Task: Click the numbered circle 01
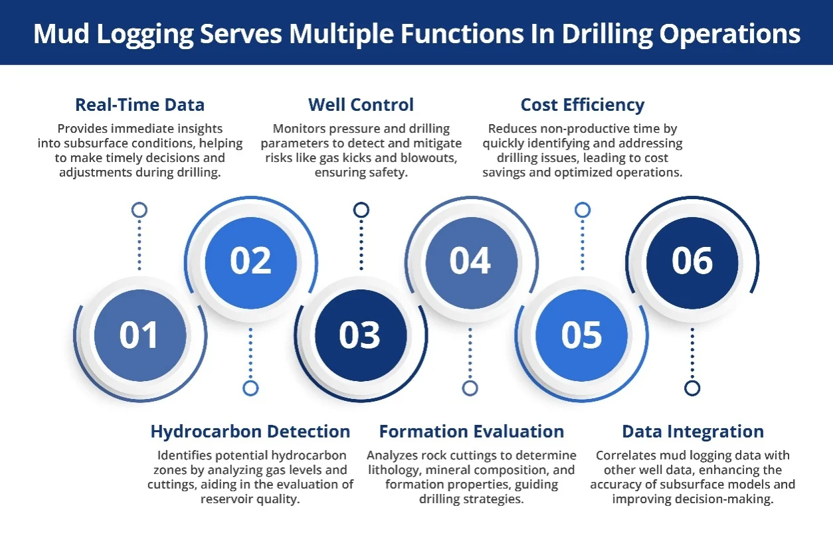(140, 335)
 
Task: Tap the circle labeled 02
(251, 263)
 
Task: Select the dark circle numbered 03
(361, 335)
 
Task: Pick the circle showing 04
(471, 263)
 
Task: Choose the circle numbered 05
(582, 335)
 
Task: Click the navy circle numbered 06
(692, 263)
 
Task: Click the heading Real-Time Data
(139, 105)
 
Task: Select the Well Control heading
(361, 105)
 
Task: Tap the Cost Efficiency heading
(583, 105)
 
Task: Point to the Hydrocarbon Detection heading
(250, 431)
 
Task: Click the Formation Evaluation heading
(472, 431)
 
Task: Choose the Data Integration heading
(693, 432)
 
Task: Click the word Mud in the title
(61, 34)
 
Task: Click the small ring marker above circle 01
(139, 210)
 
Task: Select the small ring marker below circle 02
(250, 388)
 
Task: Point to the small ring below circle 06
(692, 388)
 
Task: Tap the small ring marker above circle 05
(583, 210)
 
